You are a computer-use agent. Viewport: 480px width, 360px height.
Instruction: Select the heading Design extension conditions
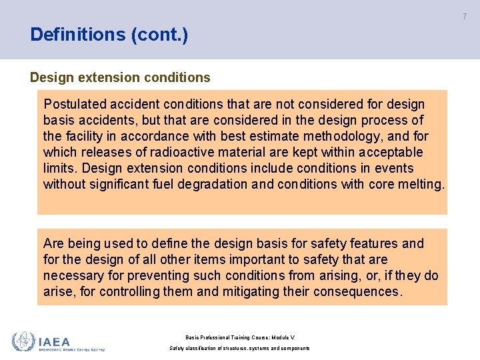pyautogui.click(x=120, y=77)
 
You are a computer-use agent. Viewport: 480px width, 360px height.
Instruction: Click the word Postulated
pyautogui.click(x=73, y=104)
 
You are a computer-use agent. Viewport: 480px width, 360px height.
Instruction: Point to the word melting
pyautogui.click(x=420, y=184)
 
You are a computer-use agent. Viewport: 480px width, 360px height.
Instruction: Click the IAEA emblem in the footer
pyautogui.click(x=23, y=341)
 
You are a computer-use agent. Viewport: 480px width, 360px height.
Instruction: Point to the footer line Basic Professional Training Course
pyautogui.click(x=240, y=337)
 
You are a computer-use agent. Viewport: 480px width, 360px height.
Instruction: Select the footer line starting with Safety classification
pyautogui.click(x=240, y=349)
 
